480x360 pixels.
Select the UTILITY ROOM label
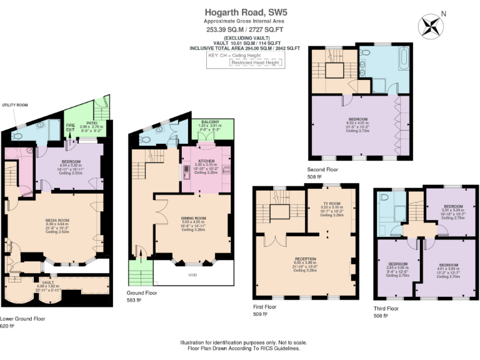pyautogui.click(x=15, y=106)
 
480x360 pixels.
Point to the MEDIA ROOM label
pyautogui.click(x=57, y=221)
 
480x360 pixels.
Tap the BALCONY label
pyautogui.click(x=209, y=122)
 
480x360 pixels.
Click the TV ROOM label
pyautogui.click(x=331, y=204)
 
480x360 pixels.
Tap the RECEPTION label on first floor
pyautogui.click(x=305, y=258)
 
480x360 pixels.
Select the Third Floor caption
pyautogui.click(x=385, y=308)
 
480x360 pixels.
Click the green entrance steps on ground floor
pyautogui.click(x=137, y=272)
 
